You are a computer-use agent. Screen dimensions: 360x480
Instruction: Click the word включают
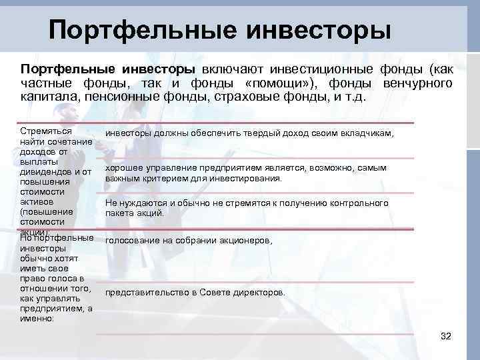coord(233,69)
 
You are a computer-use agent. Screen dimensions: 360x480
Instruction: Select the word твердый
coord(247,133)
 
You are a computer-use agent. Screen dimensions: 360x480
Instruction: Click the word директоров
coord(261,292)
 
